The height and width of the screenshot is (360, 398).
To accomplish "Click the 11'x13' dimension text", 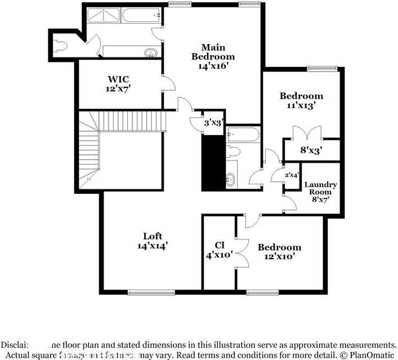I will click(x=301, y=105).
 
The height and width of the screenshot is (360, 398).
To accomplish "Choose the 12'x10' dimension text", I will click(x=279, y=256).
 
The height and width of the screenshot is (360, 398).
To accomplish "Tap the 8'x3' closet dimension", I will click(x=310, y=150).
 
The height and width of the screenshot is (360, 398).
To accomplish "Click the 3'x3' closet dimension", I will click(x=214, y=122).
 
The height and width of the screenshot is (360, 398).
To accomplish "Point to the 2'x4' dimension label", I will click(x=292, y=175).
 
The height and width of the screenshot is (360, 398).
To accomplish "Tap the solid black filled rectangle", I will click(x=213, y=163).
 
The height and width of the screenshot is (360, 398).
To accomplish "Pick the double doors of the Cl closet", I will click(x=241, y=252).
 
